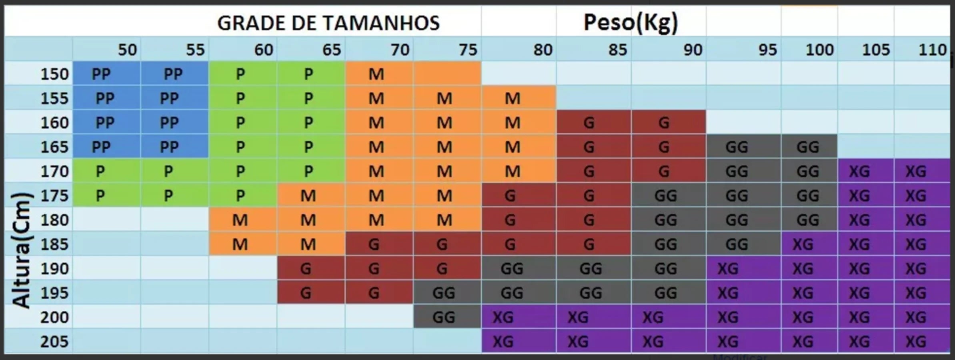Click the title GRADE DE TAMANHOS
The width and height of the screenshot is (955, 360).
click(328, 23)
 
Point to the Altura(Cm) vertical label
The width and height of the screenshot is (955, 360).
click(21, 250)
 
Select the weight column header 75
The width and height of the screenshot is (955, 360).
click(468, 50)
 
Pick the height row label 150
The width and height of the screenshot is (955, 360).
click(54, 74)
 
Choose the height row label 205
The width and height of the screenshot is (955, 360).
click(54, 342)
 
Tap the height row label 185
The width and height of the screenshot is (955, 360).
click(54, 244)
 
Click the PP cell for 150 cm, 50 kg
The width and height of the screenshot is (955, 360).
click(101, 74)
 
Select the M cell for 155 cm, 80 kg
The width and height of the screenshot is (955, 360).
click(513, 98)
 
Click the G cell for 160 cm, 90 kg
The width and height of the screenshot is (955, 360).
click(664, 123)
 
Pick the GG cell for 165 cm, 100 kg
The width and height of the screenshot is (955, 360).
click(808, 147)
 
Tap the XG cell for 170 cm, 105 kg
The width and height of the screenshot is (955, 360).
click(859, 172)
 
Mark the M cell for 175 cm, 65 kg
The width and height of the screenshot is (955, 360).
click(308, 196)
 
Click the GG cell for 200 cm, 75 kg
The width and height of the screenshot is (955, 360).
click(444, 317)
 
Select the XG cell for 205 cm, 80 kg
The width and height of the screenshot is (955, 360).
click(503, 342)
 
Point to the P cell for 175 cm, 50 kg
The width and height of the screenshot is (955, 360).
click(100, 196)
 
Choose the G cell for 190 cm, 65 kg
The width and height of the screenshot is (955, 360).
click(306, 268)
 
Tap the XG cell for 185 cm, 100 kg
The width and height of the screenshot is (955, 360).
click(803, 244)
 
